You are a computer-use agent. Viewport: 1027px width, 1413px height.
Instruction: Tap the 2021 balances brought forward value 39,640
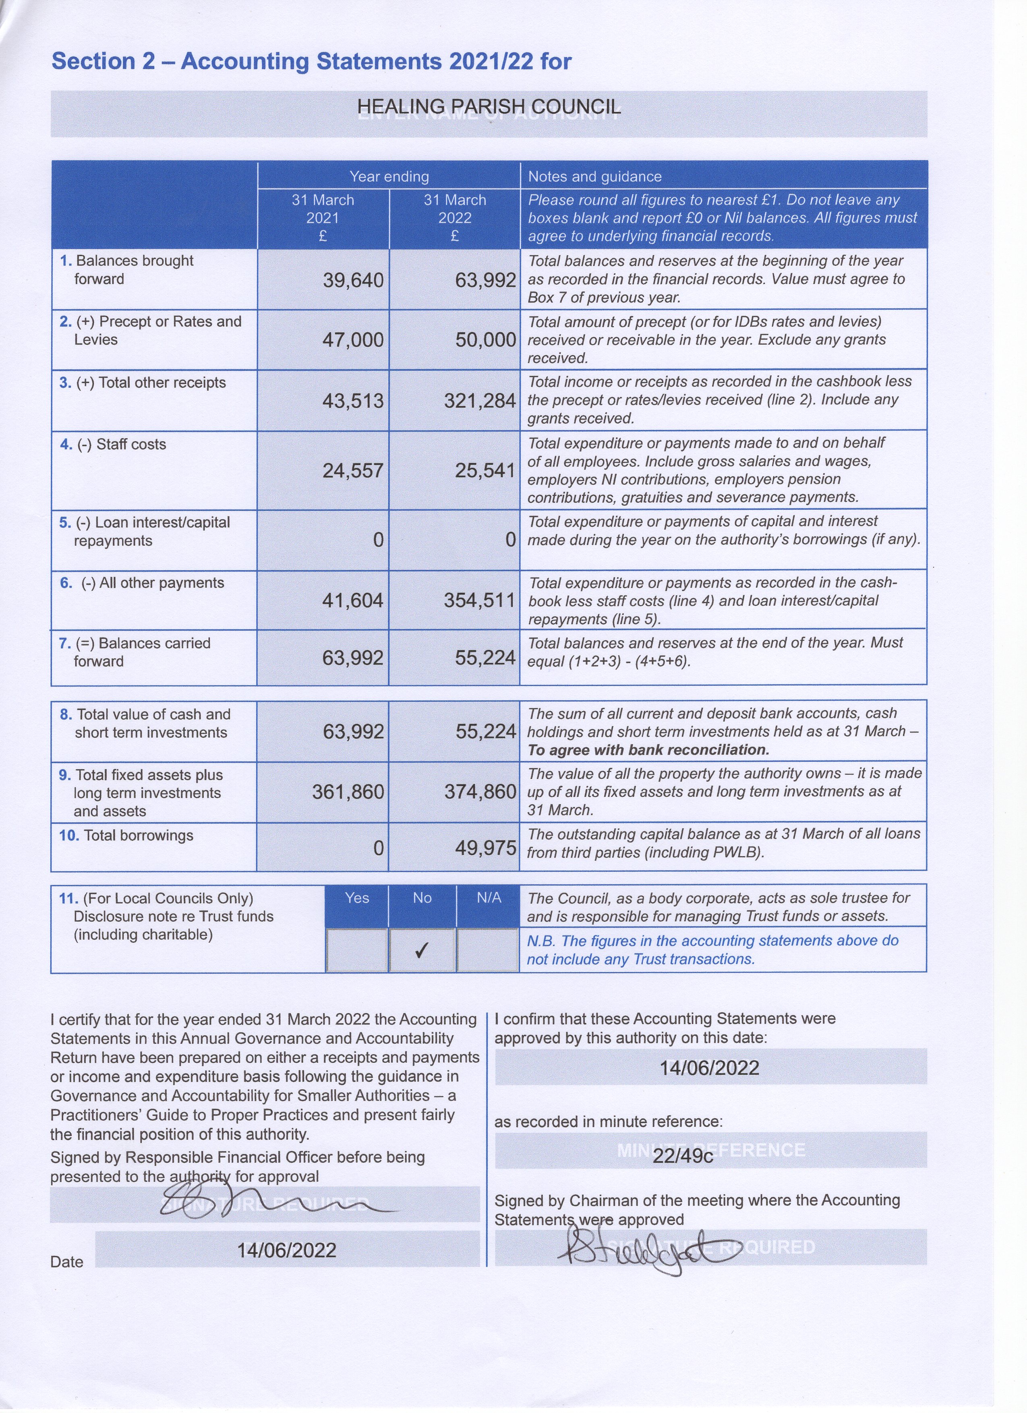coord(353,280)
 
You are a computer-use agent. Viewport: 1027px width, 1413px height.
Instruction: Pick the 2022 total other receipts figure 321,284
coord(479,401)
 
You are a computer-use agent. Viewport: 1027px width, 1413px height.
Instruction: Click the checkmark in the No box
coord(422,950)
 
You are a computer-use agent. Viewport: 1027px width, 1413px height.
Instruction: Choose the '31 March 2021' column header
coord(323,217)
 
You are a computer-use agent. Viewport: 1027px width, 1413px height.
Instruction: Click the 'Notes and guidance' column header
coord(594,176)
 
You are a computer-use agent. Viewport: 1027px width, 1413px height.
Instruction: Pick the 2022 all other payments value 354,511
coord(479,600)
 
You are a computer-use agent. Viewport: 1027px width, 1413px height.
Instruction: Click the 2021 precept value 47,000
coord(353,340)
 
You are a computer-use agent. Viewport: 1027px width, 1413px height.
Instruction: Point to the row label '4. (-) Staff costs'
coord(113,444)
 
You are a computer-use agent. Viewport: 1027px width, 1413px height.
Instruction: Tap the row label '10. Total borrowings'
coord(126,836)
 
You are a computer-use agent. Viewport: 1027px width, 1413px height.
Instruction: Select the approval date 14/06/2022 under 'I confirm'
coord(709,1068)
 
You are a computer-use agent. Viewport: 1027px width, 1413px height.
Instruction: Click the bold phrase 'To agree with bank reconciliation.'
coord(648,749)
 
